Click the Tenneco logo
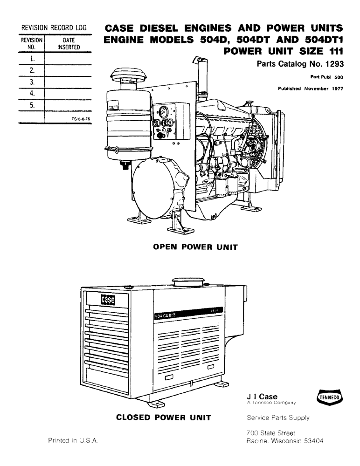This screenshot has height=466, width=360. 330,397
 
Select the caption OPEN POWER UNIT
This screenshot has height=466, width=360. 195,247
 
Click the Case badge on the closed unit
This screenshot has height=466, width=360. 107,301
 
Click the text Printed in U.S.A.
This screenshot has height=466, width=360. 72,440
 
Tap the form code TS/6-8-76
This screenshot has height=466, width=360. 77,119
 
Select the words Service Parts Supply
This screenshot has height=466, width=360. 277,418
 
